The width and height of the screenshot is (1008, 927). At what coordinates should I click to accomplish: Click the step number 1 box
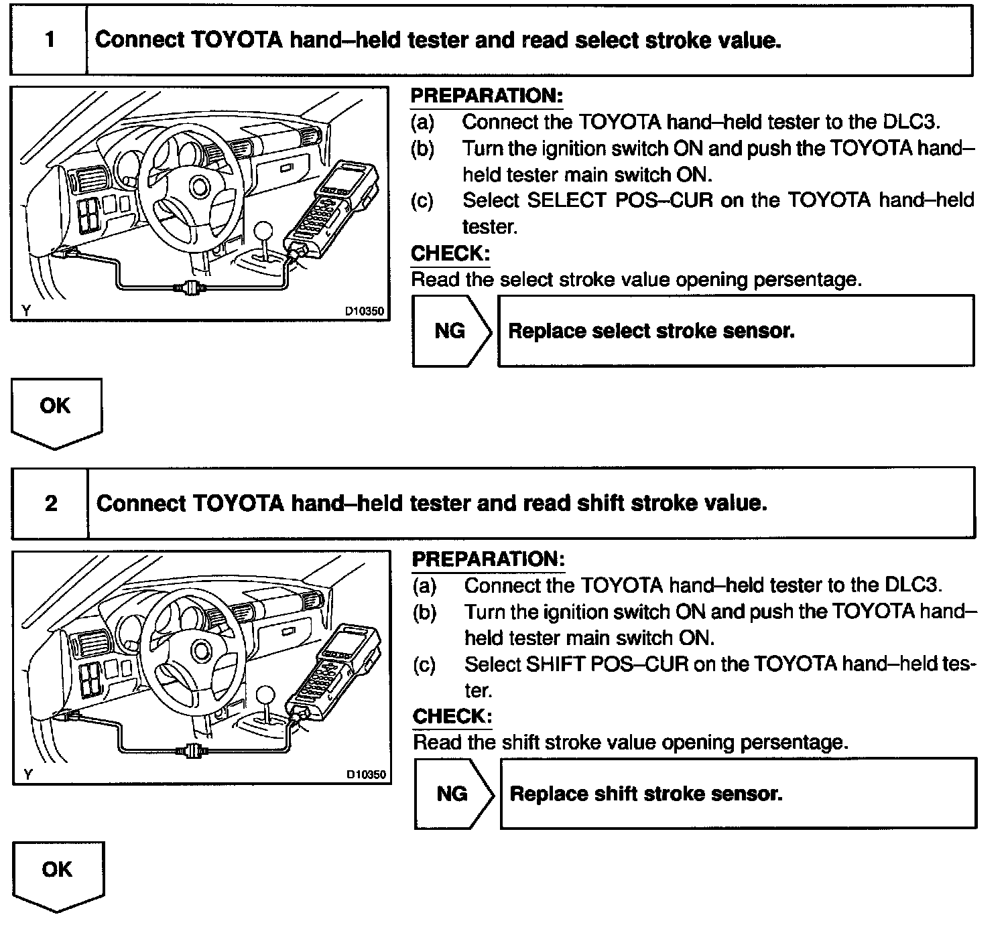pyautogui.click(x=50, y=40)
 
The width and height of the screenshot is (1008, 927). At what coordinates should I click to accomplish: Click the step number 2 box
pyautogui.click(x=51, y=503)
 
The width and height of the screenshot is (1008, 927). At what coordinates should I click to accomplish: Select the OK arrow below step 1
pyautogui.click(x=56, y=411)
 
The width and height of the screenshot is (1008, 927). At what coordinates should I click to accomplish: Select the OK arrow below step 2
pyautogui.click(x=58, y=873)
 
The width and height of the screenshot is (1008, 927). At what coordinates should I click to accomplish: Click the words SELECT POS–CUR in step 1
pyautogui.click(x=620, y=200)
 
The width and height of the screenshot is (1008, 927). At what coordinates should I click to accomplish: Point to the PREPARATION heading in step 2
pyautogui.click(x=489, y=559)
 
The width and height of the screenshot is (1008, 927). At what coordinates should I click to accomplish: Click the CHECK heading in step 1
pyautogui.click(x=450, y=253)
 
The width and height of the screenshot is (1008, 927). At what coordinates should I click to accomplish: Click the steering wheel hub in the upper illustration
pyautogui.click(x=199, y=186)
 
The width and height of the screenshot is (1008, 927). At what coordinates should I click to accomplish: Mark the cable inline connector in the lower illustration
pyautogui.click(x=190, y=751)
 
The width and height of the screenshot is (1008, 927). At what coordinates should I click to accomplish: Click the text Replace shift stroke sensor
pyautogui.click(x=646, y=794)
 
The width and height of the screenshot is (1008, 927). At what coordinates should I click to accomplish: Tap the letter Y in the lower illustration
pyautogui.click(x=27, y=774)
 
